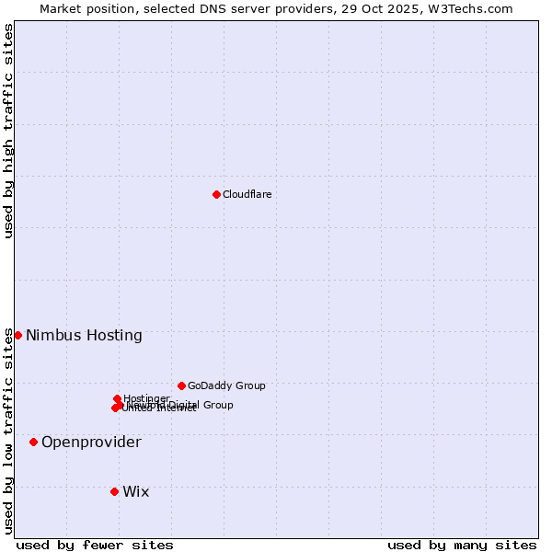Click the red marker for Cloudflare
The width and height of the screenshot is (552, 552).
click(x=216, y=194)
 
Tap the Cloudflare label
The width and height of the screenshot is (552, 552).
click(x=247, y=194)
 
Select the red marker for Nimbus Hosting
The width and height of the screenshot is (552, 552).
click(x=17, y=335)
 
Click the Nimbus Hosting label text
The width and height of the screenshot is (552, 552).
click(x=84, y=335)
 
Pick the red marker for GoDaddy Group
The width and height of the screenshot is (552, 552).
click(x=181, y=385)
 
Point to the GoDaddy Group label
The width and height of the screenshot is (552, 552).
click(x=226, y=385)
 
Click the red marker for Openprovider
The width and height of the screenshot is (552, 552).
click(x=33, y=442)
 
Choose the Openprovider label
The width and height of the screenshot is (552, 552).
click(x=91, y=442)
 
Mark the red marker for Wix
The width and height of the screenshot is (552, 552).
click(x=114, y=491)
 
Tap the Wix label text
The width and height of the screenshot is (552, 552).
click(x=135, y=491)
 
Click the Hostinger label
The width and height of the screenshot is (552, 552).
click(x=146, y=398)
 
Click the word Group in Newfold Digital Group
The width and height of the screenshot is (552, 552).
click(x=217, y=405)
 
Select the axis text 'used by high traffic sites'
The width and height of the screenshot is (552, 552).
click(x=9, y=131)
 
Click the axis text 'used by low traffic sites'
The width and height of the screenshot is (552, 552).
click(x=9, y=431)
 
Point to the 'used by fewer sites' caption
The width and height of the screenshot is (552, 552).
click(x=95, y=545)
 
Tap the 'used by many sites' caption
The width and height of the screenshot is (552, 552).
click(x=462, y=545)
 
